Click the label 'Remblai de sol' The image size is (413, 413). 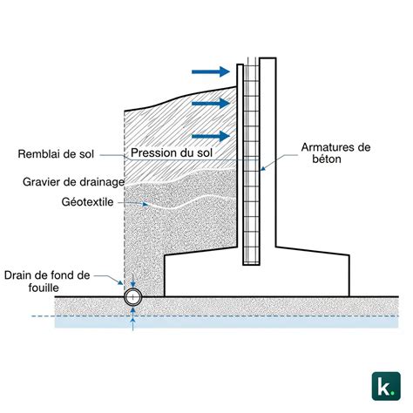pyautogui.click(x=56, y=153)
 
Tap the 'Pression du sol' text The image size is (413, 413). pyautogui.click(x=172, y=152)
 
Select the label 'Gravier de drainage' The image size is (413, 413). pyautogui.click(x=73, y=182)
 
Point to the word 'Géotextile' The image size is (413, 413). pyautogui.click(x=87, y=202)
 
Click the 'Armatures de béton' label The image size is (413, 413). pyautogui.click(x=335, y=153)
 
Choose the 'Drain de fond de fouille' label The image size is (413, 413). pyautogui.click(x=47, y=281)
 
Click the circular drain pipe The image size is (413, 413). pyautogui.click(x=133, y=297)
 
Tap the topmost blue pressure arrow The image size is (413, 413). pyautogui.click(x=211, y=71)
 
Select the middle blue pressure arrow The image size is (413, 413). pyautogui.click(x=211, y=103)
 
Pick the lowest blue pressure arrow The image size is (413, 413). pyautogui.click(x=211, y=136)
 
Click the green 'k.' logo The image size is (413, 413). pyautogui.click(x=386, y=386)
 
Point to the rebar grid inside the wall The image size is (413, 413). pyautogui.click(x=251, y=163)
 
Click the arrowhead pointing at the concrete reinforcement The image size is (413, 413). pyautogui.click(x=262, y=168)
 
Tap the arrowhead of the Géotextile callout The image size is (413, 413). pyautogui.click(x=146, y=205)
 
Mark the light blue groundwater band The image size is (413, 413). pyautogui.click(x=227, y=322)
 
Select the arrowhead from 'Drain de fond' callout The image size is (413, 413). pyautogui.click(x=120, y=282)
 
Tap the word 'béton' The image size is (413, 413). pyautogui.click(x=327, y=159)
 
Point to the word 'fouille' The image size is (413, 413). pyautogui.click(x=44, y=288)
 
